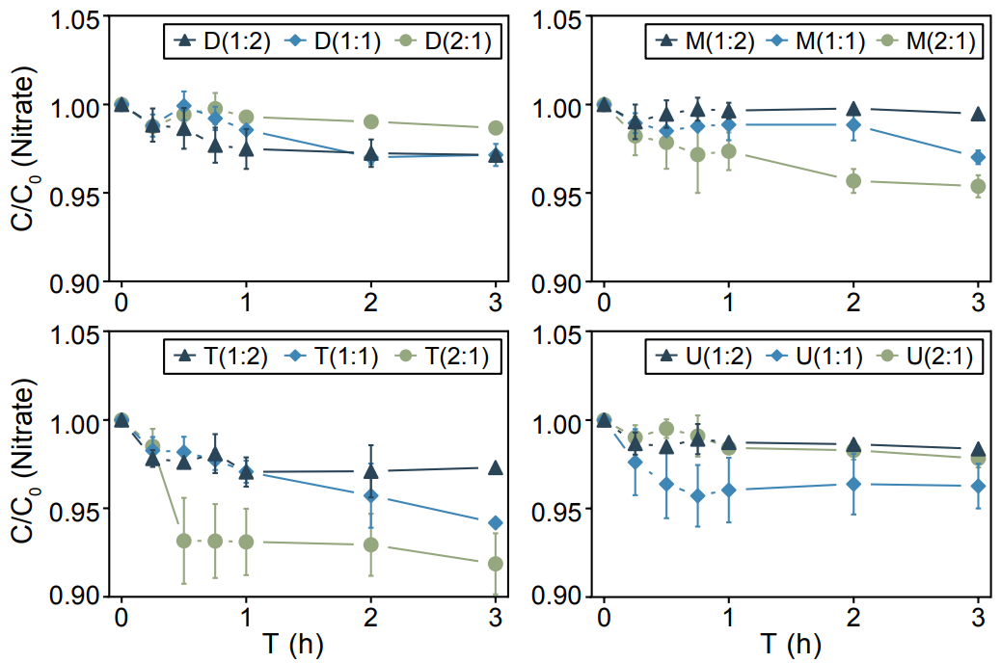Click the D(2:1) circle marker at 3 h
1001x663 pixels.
[496, 128]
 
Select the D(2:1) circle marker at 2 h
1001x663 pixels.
[371, 121]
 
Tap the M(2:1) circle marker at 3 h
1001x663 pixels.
[978, 186]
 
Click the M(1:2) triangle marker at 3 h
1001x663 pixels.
[978, 114]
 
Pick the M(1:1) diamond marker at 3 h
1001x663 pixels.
[978, 157]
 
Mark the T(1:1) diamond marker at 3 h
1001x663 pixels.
[496, 522]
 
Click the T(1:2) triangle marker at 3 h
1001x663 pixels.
[496, 468]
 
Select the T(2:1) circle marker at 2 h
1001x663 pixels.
[371, 544]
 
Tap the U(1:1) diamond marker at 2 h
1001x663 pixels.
[853, 484]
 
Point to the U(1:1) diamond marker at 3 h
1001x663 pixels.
[978, 486]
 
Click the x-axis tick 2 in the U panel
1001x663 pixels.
[853, 618]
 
